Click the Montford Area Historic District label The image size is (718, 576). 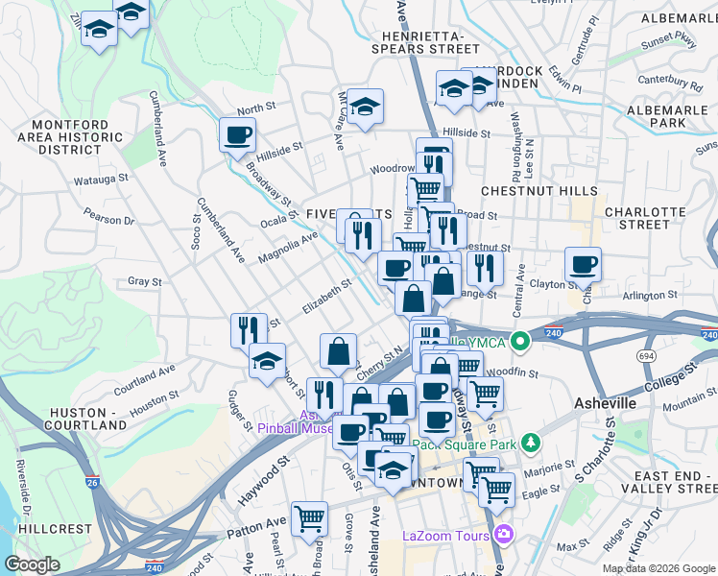(78, 137)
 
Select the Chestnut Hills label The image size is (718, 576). (539, 192)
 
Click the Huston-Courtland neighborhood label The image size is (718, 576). (86, 418)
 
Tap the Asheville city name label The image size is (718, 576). (604, 403)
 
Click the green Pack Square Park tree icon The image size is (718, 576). (528, 444)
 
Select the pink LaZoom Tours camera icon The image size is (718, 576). (503, 535)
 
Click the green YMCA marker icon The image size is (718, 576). (520, 341)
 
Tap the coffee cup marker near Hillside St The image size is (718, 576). (237, 134)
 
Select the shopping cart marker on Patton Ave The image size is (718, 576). (309, 519)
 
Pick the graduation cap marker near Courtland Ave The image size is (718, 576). (267, 361)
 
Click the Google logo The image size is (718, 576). (32, 564)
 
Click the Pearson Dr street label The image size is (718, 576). (114, 220)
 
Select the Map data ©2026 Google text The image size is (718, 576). (658, 568)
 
